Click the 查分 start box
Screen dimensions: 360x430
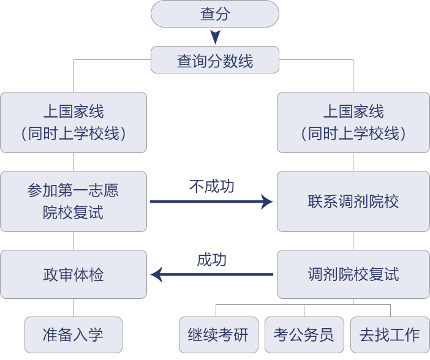pyautogui.click(x=214, y=14)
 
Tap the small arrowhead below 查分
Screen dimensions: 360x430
pyautogui.click(x=215, y=37)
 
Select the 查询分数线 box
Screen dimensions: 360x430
pyautogui.click(x=214, y=61)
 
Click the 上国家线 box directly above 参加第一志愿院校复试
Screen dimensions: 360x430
pyautogui.click(x=74, y=122)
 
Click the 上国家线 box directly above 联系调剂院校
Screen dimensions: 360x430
pyautogui.click(x=353, y=122)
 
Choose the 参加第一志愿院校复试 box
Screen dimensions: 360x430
pyautogui.click(x=74, y=201)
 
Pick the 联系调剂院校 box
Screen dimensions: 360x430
pyautogui.click(x=353, y=201)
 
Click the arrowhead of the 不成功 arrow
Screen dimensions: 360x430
pyautogui.click(x=267, y=201)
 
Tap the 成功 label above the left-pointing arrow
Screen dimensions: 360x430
pyautogui.click(x=211, y=260)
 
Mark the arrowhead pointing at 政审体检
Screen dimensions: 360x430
pyautogui.click(x=157, y=274)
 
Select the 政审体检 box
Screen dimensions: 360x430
pyautogui.click(x=74, y=274)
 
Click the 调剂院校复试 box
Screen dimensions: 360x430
pyautogui.click(x=353, y=274)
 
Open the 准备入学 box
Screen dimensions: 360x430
pyautogui.click(x=74, y=334)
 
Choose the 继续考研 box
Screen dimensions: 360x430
pyautogui.click(x=218, y=334)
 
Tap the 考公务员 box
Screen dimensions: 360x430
pyautogui.click(x=304, y=334)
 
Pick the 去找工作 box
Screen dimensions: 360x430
pyautogui.click(x=390, y=334)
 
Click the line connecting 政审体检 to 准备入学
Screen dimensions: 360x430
pyautogui.click(x=74, y=307)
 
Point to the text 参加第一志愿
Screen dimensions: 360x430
pyautogui.click(x=73, y=190)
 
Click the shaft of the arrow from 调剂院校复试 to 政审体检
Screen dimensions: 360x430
pyautogui.click(x=221, y=274)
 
